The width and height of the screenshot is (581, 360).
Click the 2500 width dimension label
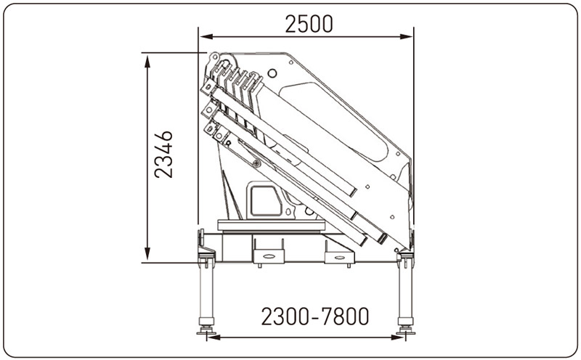[309, 24]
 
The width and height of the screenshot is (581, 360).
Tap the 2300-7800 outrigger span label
[315, 316]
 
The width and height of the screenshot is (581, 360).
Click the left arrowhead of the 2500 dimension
[206, 36]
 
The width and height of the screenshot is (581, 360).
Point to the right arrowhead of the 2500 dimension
[406, 36]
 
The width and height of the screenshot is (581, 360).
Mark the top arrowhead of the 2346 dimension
[147, 62]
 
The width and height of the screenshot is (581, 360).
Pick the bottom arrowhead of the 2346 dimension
[147, 254]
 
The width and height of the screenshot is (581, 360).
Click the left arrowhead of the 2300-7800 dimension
[214, 337]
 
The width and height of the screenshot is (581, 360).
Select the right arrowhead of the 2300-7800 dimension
[398, 337]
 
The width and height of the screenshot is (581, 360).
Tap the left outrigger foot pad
[206, 331]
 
